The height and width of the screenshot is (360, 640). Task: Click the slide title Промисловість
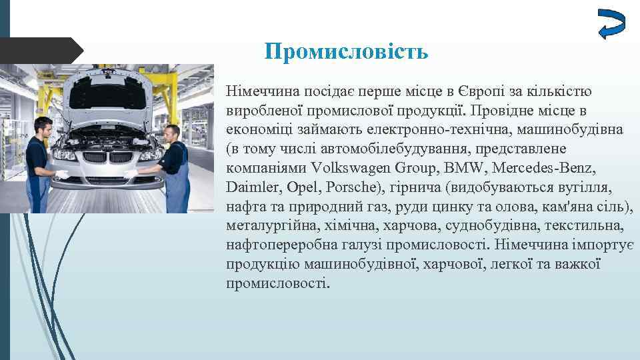[346, 51]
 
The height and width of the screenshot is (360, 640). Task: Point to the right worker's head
[171, 131]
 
